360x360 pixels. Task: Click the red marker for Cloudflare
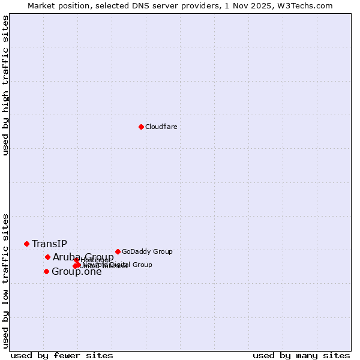click(141, 127)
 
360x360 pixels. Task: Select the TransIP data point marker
click(26, 244)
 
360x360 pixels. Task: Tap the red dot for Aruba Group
click(47, 257)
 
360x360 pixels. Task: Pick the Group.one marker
click(46, 271)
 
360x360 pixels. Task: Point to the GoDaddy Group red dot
click(118, 251)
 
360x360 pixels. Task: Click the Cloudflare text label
click(161, 127)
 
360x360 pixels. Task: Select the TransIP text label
click(49, 244)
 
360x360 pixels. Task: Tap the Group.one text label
click(76, 272)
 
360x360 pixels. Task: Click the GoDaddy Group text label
click(147, 251)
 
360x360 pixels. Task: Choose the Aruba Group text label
click(83, 257)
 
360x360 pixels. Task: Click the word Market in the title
click(43, 5)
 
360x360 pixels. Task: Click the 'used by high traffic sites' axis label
click(5, 85)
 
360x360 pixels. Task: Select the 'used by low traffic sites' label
click(5, 280)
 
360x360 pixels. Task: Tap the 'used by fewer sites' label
click(62, 355)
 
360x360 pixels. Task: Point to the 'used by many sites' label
click(301, 355)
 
